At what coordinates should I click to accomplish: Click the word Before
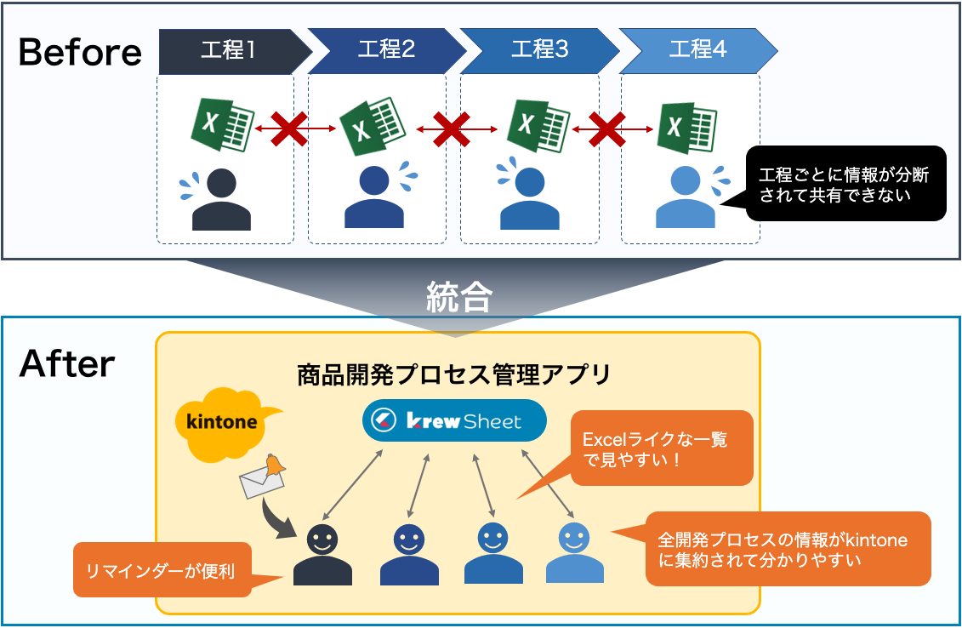80,53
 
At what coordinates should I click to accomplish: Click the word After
67,364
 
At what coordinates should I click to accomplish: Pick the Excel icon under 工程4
684,126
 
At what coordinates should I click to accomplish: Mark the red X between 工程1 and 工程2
289,128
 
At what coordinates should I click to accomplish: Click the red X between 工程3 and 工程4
606,128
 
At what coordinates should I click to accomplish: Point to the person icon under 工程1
221,199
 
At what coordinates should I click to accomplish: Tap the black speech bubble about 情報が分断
845,184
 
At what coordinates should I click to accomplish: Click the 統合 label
458,297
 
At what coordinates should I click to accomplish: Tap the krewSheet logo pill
453,420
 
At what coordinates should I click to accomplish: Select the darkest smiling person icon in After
322,556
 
